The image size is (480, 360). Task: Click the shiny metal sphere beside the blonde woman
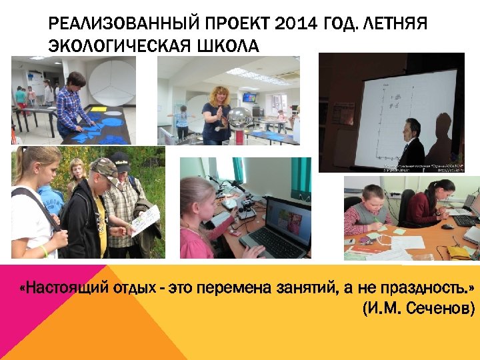pyautogui.click(x=239, y=117)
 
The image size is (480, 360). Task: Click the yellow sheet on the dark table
pyautogui.click(x=98, y=109)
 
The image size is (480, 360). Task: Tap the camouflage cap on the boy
pyautogui.click(x=103, y=165)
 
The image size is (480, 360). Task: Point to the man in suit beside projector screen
pyautogui.click(x=412, y=143)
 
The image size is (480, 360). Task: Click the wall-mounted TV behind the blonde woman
pyautogui.click(x=249, y=97)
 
